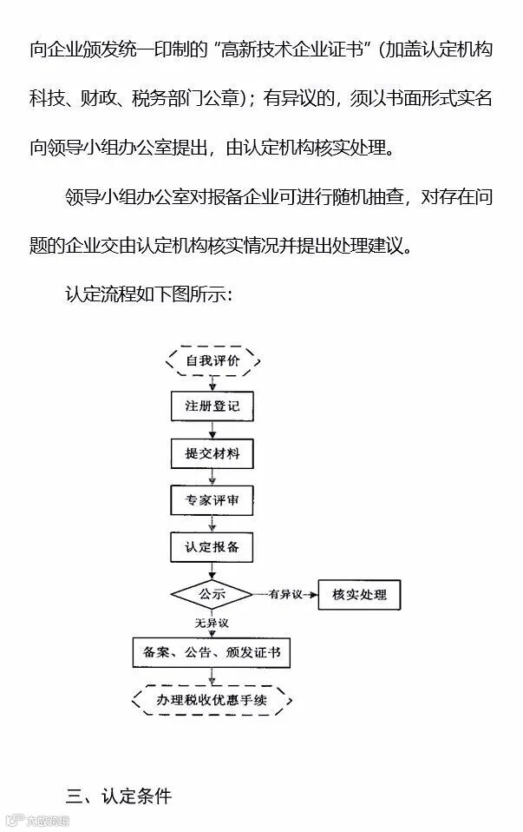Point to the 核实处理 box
coord(359,595)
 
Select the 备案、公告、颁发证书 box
coord(212,652)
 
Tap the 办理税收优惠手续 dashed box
coord(212,699)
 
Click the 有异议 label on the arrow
coord(284,595)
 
